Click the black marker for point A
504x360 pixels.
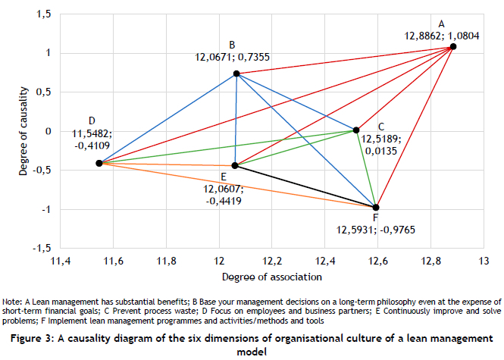click(x=453, y=46)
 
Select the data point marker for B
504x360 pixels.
click(x=236, y=74)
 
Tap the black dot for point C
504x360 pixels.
click(x=356, y=130)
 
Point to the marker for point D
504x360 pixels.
click(x=99, y=163)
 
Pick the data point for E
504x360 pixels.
click(x=235, y=165)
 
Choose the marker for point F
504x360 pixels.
click(x=376, y=207)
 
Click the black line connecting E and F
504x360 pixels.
click(x=305, y=186)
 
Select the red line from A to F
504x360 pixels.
click(x=415, y=127)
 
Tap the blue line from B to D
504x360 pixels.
click(x=167, y=118)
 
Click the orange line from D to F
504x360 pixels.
click(x=237, y=185)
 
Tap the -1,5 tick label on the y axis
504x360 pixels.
click(x=39, y=248)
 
